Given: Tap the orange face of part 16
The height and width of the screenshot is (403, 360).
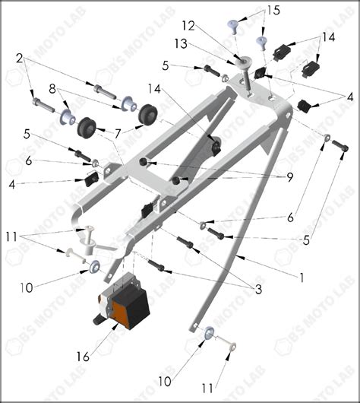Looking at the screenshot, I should tap(122, 311).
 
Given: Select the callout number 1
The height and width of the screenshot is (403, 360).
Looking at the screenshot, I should tap(301, 278).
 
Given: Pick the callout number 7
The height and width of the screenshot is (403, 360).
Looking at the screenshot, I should tap(118, 134).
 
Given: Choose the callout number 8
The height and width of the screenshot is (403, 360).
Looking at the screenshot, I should tap(52, 88).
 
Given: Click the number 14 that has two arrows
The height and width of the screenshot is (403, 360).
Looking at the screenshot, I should tap(327, 36).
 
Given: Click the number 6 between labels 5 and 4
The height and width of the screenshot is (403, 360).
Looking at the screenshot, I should tap(29, 161).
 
